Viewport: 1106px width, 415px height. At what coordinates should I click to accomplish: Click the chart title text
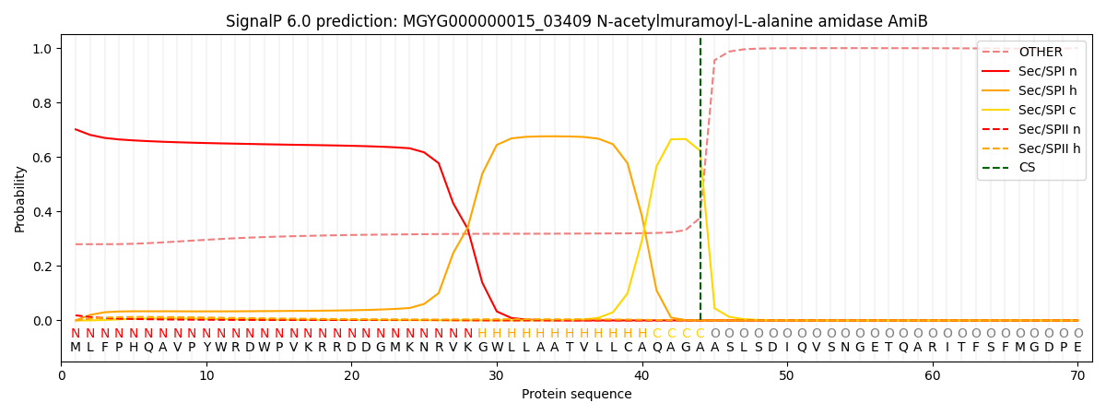(x=576, y=21)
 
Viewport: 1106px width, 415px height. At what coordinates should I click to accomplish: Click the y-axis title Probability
(x=20, y=198)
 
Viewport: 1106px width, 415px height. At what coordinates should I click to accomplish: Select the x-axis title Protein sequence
(x=576, y=395)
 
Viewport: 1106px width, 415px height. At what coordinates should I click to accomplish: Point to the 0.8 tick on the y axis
(x=43, y=103)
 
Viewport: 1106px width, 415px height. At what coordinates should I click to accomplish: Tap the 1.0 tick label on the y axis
(x=43, y=49)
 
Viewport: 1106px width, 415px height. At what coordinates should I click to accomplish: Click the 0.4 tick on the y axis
(x=43, y=212)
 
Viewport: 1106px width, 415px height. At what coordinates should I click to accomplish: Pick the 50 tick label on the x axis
(x=786, y=376)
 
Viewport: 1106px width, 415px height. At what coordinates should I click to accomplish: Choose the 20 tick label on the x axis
(x=351, y=376)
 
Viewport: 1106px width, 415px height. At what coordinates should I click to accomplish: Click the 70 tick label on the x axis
(x=1077, y=376)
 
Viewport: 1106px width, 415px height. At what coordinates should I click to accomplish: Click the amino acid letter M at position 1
(x=76, y=348)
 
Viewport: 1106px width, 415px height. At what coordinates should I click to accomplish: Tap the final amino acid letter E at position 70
(x=1077, y=348)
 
